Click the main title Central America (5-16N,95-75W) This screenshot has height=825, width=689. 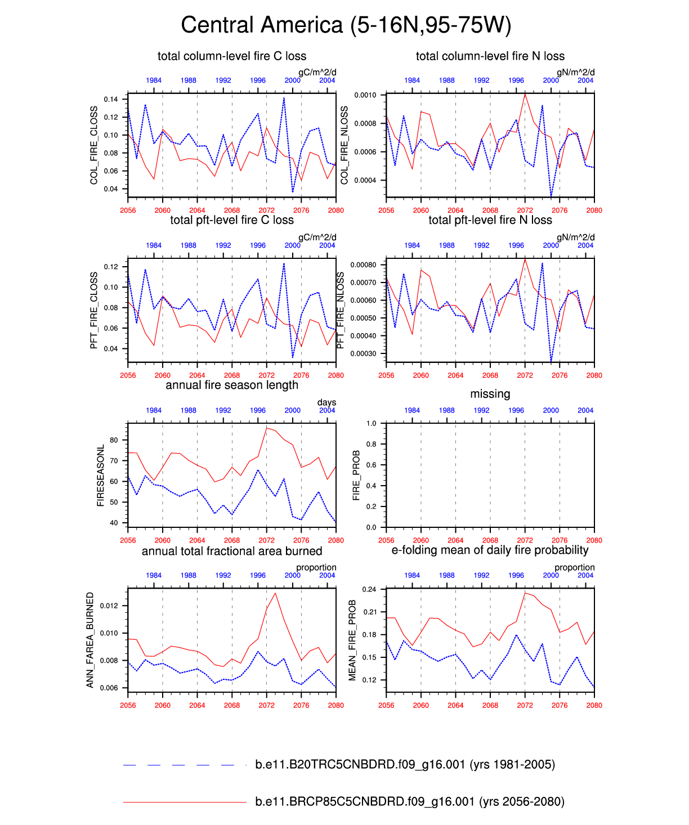click(346, 25)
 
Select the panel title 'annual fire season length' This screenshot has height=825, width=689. click(232, 385)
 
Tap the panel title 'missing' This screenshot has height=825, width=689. click(490, 394)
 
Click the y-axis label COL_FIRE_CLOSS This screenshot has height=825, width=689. click(94, 145)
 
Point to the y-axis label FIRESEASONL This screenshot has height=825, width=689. click(101, 476)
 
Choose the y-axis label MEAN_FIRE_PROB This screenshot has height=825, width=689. click(352, 640)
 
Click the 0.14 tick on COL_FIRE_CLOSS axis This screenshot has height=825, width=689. click(111, 100)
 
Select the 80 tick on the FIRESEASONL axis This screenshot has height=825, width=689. click(114, 440)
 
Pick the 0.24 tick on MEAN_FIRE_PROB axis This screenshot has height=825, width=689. click(369, 589)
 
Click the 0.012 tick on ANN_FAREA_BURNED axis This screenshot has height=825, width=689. click(109, 606)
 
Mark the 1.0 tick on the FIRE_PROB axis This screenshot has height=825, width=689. click(372, 424)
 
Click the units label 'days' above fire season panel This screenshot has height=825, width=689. click(326, 402)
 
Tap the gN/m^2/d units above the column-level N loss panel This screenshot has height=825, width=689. click(575, 73)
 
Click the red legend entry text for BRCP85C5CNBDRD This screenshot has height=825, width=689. click(409, 801)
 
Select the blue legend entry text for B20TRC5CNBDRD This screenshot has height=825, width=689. click(405, 764)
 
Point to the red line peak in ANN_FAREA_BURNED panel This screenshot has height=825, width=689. click(275, 593)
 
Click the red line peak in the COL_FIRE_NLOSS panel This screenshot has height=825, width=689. click(525, 94)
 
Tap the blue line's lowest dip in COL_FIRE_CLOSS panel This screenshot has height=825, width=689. click(293, 192)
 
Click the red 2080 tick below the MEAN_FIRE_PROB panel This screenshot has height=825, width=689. click(594, 705)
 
